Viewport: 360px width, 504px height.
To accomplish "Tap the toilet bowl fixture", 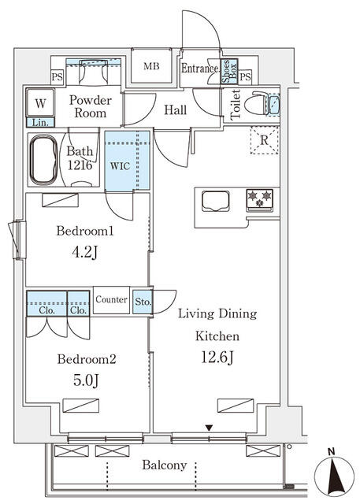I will pos(257,105).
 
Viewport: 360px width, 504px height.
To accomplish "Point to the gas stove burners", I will pos(259,199).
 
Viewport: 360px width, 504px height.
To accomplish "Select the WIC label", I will pos(121,166).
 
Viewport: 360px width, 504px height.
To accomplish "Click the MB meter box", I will pos(151,66).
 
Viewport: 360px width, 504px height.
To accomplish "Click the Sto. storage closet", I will pos(143,301).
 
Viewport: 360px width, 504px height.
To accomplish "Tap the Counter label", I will pos(112,300).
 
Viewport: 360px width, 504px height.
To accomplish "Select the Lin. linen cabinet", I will pos(39,122).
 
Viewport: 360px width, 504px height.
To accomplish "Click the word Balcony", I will pos(165,465).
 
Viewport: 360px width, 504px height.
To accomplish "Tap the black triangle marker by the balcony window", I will pos(209,428).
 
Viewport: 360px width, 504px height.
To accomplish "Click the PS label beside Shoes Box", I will pos(245,76).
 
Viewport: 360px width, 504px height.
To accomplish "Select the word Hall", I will pos(175,110).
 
